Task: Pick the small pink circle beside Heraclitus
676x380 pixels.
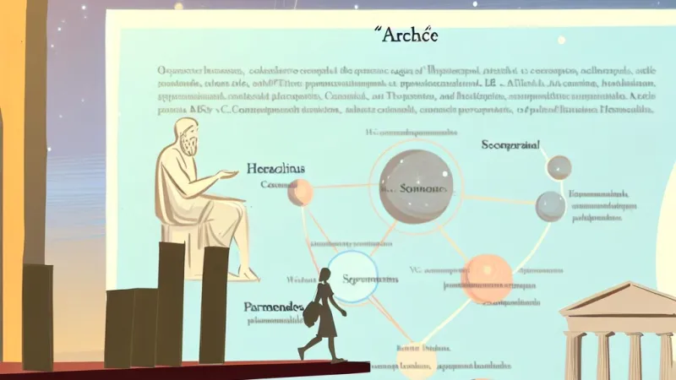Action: click(299, 193)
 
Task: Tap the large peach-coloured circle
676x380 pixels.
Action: click(488, 277)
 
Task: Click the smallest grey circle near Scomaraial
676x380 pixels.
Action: click(559, 167)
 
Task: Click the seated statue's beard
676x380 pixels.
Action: click(192, 145)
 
